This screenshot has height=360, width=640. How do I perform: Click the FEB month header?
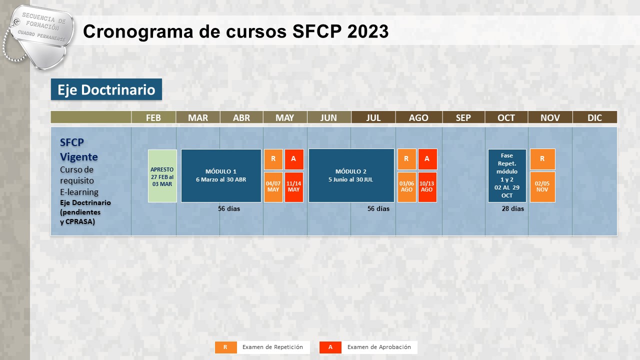pos(153,117)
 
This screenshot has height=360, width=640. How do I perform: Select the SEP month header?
pos(463,117)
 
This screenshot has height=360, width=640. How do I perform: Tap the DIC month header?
pos(594,117)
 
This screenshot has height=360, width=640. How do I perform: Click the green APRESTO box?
pos(162,176)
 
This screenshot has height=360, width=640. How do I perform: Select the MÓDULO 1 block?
pos(221,175)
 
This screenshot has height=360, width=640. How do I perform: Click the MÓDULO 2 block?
pos(351,175)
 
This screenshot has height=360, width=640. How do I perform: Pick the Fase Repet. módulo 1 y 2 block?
pos(507,175)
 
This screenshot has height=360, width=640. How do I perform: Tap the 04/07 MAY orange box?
pos(273,187)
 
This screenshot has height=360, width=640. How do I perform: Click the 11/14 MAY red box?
pos(293,187)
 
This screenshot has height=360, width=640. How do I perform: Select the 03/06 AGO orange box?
pos(406,187)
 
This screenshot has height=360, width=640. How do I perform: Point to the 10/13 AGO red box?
pos(427,187)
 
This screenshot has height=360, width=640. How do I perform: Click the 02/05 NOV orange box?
pos(542,187)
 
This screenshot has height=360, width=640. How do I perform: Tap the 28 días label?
pos(513,209)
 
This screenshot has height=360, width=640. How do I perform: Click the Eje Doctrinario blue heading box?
pos(106,89)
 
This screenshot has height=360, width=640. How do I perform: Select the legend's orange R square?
pos(225,347)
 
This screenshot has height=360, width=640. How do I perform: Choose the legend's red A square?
pos(330,347)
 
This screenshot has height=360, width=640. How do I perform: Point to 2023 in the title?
pos(368,31)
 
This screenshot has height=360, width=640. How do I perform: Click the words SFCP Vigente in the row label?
pos(79,149)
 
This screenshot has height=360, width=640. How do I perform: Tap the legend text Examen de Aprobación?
pos(379,347)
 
